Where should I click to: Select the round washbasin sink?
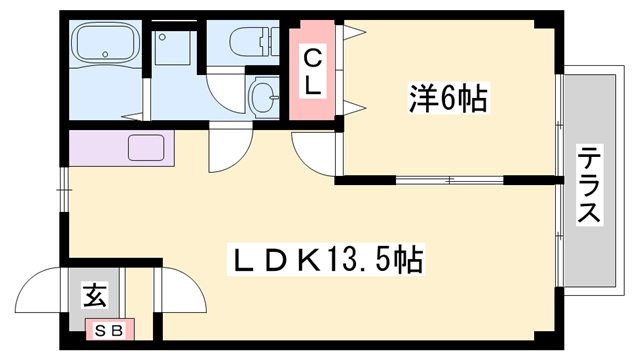pos(262,98)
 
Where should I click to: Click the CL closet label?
pos(313,72)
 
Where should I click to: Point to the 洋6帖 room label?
pos(448,99)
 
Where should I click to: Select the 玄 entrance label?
pos(94,297)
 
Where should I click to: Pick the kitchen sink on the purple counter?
pos(151,149)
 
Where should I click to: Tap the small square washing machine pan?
pos(175,47)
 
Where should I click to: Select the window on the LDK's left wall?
pos(64,184)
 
